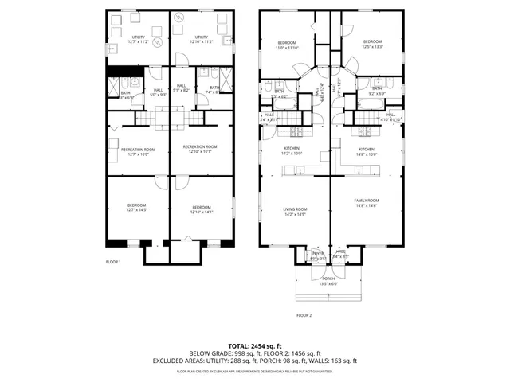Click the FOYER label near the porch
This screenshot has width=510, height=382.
[318, 255]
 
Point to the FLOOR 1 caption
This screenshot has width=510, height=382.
[114, 262]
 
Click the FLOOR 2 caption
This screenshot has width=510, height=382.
[304, 315]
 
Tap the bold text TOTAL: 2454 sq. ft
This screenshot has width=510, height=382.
[254, 345]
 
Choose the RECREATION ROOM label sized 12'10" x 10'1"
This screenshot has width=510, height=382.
[200, 148]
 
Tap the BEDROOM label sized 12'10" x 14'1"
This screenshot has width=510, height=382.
[201, 210]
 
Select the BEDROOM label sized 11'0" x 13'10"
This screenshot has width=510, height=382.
[287, 45]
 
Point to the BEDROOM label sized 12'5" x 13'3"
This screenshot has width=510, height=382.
[372, 44]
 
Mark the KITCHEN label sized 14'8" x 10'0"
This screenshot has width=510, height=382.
[367, 151]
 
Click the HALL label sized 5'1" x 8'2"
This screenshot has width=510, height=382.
[182, 88]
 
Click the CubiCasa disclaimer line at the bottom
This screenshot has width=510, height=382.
[254, 371]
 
